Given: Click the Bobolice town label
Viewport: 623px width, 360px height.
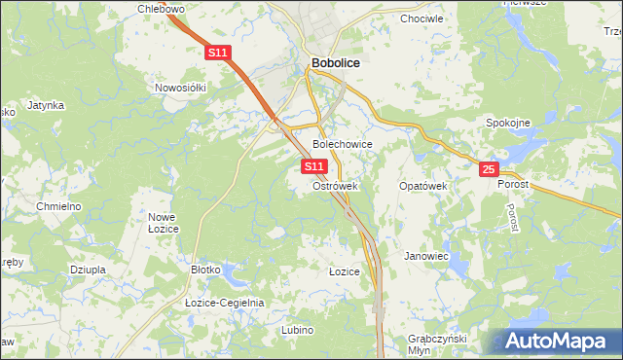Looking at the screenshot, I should tap(335, 63).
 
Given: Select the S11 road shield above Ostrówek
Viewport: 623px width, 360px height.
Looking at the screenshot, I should tap(313, 167).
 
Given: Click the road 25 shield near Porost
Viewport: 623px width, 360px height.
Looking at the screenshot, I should tap(489, 170).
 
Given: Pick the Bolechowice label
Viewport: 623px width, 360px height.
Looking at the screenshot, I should tap(342, 144).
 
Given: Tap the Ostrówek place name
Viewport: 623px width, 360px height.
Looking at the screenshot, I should tap(336, 186).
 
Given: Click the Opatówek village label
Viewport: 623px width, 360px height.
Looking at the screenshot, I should tap(422, 185).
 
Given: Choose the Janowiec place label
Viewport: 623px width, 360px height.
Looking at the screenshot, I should tap(425, 257).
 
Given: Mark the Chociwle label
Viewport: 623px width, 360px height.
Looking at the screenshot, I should tap(421, 18).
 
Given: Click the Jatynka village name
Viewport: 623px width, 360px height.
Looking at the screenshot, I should tap(46, 105).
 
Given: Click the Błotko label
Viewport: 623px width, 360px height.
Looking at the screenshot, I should tap(207, 270).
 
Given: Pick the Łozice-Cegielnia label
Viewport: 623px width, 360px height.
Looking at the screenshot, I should tap(225, 303).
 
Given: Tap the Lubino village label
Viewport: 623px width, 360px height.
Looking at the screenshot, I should tap(297, 330).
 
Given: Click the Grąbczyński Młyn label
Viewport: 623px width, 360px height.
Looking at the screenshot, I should tap(438, 343).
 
